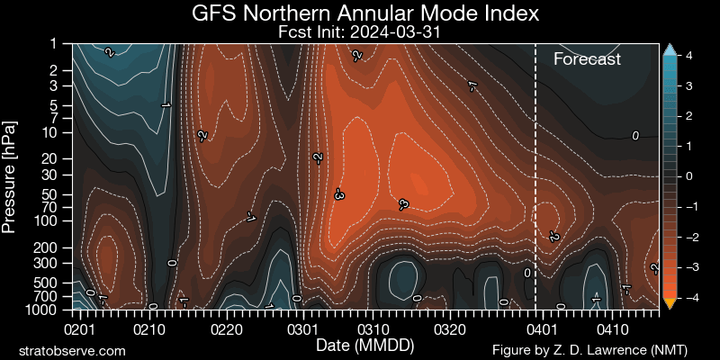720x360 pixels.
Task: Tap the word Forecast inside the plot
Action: pyautogui.click(x=587, y=60)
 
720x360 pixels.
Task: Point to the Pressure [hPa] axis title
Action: pyautogui.click(x=10, y=175)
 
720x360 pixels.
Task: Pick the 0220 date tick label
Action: pyautogui.click(x=225, y=329)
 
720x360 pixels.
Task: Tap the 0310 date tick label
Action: pyautogui.click(x=375, y=329)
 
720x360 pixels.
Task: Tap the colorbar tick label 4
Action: pyautogui.click(x=688, y=56)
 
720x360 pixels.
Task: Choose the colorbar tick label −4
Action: pyautogui.click(x=691, y=297)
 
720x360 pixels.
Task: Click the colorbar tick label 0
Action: pyautogui.click(x=688, y=176)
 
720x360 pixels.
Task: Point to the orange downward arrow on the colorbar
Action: pyautogui.click(x=669, y=302)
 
